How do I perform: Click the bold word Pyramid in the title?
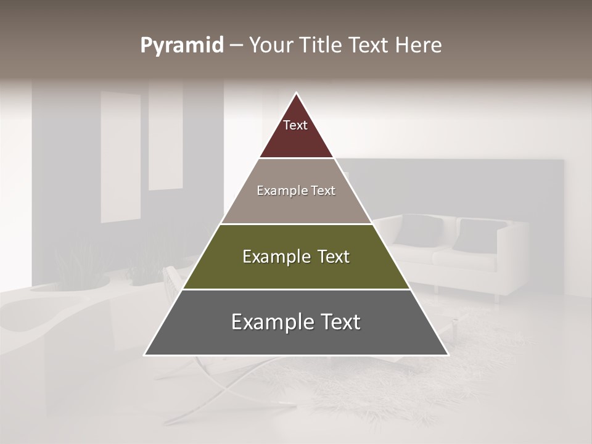pyautogui.click(x=182, y=46)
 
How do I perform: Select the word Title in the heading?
pyautogui.click(x=323, y=46)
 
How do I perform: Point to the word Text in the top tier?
pyautogui.click(x=295, y=125)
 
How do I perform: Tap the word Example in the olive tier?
pyautogui.click(x=269, y=257)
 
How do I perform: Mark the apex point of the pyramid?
pyautogui.click(x=296, y=93)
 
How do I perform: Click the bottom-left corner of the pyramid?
pyautogui.click(x=145, y=355)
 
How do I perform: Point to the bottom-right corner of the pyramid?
pyautogui.click(x=448, y=355)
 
